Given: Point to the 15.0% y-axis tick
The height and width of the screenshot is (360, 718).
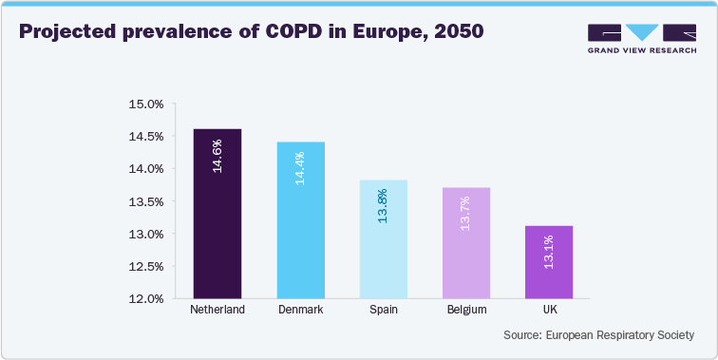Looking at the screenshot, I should pos(146,104).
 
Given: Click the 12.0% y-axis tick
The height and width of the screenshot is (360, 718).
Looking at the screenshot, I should pos(146,299).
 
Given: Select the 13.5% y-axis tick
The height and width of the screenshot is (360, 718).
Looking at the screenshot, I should pos(146,201).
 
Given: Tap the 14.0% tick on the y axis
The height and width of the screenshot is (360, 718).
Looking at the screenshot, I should pos(146,169).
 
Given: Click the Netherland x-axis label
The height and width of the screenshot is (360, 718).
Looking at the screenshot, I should pos(217,311).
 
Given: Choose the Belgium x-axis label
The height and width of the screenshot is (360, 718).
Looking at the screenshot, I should pos(465,311).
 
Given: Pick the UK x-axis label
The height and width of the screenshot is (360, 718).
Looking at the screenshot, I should pos(548,311).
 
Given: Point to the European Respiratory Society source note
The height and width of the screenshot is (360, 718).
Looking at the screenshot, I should pos(599,335).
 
